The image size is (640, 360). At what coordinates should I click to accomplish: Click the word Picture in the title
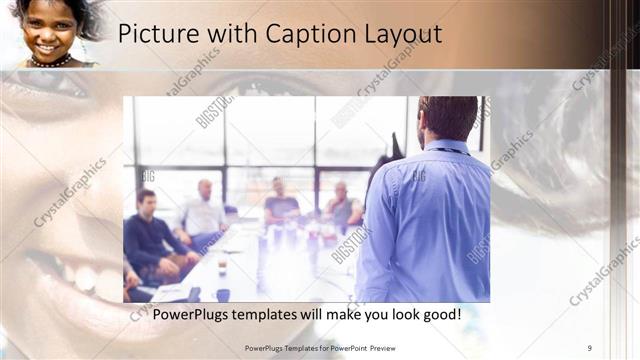tap(152, 33)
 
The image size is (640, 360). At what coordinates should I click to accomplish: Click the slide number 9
tap(590, 347)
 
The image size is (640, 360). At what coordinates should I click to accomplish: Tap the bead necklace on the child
tap(50, 61)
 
